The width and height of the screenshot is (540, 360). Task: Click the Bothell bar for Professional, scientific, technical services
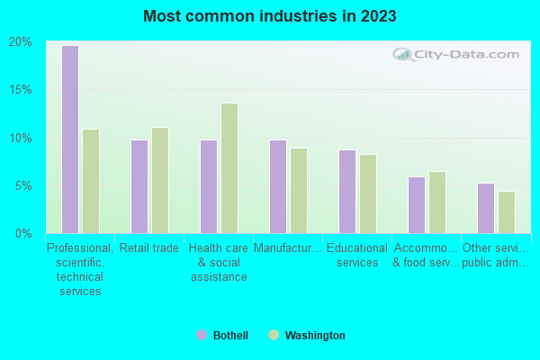69,139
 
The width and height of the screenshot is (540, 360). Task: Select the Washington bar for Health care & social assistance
229,168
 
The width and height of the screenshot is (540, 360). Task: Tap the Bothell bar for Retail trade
139,186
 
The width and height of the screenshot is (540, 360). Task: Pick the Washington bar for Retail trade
160,180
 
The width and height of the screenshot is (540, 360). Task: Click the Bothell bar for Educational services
346,192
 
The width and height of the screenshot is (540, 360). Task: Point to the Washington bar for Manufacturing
299,191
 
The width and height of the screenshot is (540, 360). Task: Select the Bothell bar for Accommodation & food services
416,205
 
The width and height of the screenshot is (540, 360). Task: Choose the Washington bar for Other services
507,212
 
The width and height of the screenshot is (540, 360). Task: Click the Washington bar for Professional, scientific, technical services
91,181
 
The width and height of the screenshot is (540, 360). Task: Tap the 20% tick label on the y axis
21,42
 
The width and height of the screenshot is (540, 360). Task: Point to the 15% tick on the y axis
21,90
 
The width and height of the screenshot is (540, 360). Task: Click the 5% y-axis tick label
23,186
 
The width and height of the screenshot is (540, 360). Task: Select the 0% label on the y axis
23,234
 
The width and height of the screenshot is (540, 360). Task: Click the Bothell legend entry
222,336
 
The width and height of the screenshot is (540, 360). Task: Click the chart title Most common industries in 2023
269,16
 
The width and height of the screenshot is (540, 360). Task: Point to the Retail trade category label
149,248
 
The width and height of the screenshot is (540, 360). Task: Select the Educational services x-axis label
357,256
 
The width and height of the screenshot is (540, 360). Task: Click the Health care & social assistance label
219,262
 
